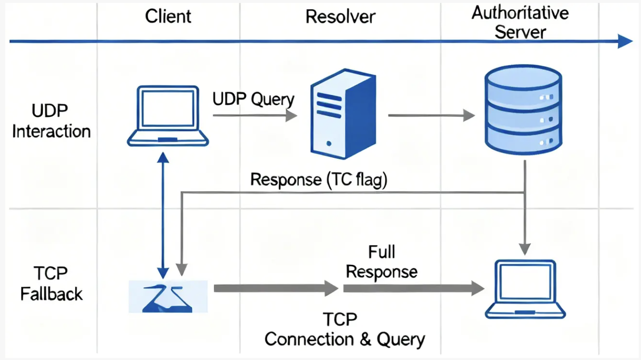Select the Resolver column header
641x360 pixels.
[x=340, y=17]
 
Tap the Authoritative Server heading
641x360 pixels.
[x=520, y=22]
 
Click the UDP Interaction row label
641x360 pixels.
[x=51, y=121]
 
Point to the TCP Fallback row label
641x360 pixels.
[x=51, y=283]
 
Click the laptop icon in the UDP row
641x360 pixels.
[x=167, y=116]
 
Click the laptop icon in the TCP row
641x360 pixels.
[x=526, y=288]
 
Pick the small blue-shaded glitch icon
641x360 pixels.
[x=168, y=296]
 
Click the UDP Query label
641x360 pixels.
[x=253, y=99]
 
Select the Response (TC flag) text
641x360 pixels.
[x=319, y=180]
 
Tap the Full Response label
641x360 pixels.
[x=381, y=262]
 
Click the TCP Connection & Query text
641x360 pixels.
[x=345, y=330]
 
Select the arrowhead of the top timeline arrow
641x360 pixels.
[x=625, y=42]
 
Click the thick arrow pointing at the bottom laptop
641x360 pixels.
[x=413, y=289]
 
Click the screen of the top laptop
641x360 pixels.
[x=167, y=108]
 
